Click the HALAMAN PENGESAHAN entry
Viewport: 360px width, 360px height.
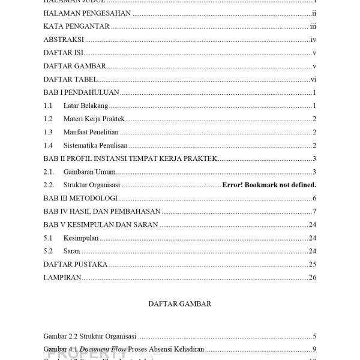[87, 13]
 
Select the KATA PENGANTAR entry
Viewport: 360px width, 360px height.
[76, 26]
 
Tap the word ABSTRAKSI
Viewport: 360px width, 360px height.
[64, 40]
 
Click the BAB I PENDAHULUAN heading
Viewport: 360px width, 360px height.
[82, 92]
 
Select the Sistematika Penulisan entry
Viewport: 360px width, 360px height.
[95, 145]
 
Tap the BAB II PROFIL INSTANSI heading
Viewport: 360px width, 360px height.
[130, 158]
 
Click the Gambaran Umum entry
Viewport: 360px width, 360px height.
[89, 172]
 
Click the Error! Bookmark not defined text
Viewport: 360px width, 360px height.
[269, 185]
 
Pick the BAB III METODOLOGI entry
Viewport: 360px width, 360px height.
[80, 198]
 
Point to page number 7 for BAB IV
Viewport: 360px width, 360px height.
[314, 211]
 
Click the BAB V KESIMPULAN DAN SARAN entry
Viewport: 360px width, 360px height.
[101, 224]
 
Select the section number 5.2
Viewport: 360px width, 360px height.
[48, 251]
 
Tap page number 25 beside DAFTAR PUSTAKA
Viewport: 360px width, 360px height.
[312, 264]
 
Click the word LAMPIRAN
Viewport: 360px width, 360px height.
[62, 277]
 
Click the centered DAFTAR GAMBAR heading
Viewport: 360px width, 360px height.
[179, 304]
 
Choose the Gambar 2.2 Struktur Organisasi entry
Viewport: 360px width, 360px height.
[90, 336]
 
